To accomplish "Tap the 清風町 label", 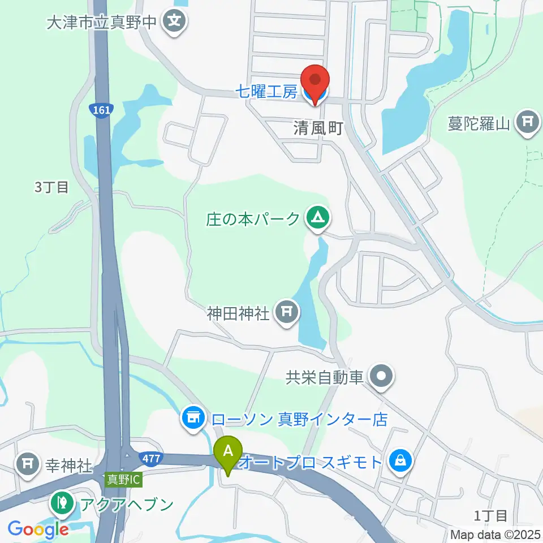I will pos(318,128).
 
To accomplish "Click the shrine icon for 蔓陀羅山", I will pos(528,123).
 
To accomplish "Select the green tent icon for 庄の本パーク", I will pos(316,218).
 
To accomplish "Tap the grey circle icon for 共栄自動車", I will pos(381,377).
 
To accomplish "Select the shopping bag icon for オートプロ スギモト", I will pos(400,462).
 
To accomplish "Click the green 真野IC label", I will pos(123,479).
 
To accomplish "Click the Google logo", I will pos(38,529).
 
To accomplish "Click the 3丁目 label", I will pos(51,187).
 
